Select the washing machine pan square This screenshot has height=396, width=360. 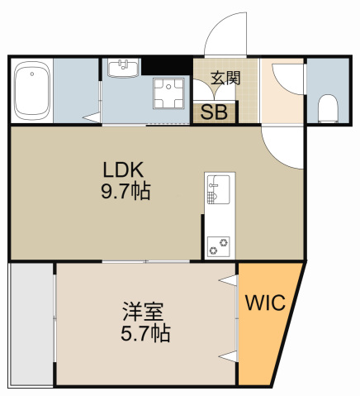click(171, 94)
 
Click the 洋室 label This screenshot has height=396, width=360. click(143, 313)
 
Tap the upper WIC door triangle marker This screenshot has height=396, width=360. click(229, 281)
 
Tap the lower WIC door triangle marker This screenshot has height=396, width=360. click(229, 356)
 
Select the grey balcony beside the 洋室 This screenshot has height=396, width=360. click(31, 325)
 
